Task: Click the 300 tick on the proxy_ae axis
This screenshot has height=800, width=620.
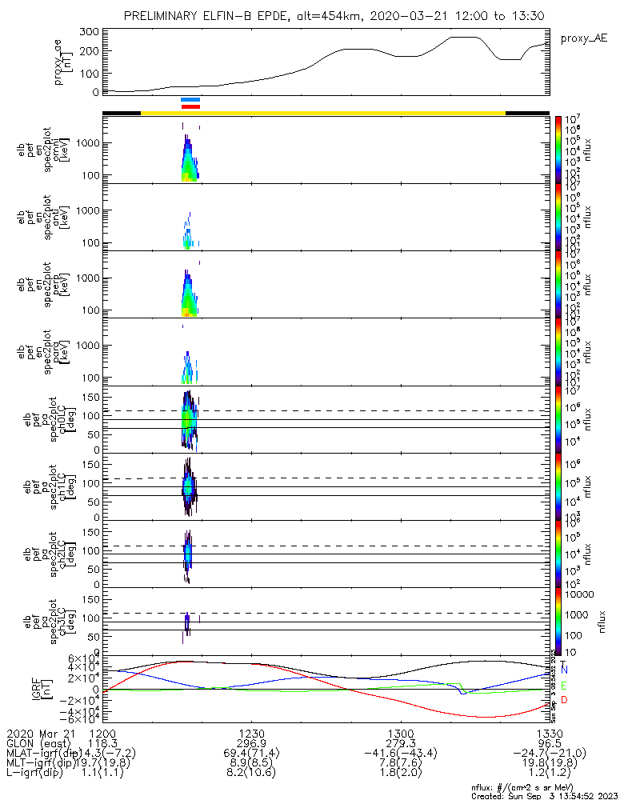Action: (90, 31)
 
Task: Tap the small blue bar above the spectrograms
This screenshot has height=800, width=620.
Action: (190, 99)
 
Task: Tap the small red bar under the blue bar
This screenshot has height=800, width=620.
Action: (190, 106)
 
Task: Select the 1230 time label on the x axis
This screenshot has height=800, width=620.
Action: (251, 732)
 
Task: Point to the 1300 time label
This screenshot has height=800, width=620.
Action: (400, 732)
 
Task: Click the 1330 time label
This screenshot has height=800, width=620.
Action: (549, 732)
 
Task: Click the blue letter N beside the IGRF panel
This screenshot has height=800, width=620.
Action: (565, 669)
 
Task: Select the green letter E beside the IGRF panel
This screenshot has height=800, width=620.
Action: (565, 686)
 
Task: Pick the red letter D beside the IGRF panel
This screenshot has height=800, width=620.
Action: (565, 701)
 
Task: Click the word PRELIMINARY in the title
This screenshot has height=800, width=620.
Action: (165, 16)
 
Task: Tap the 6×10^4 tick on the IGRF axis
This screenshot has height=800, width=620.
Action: (82, 658)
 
